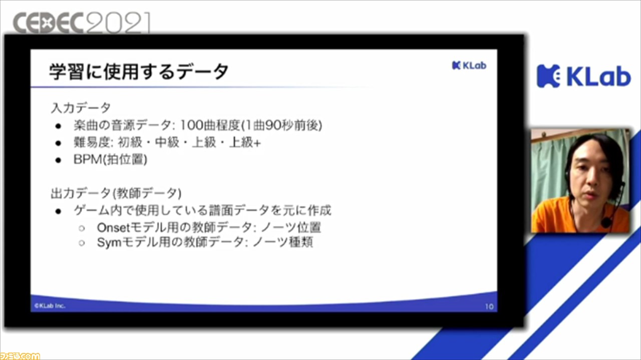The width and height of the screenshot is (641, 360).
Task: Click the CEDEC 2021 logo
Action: click(82, 23)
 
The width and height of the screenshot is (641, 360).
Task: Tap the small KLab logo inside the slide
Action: click(469, 66)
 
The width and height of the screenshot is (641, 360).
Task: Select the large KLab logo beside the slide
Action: click(584, 76)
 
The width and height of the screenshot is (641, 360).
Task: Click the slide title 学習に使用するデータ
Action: click(139, 72)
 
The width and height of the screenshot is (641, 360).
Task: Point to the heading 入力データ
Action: click(81, 108)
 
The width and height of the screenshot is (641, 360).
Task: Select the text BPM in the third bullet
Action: click(88, 159)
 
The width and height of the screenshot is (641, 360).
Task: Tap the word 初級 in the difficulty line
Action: click(130, 142)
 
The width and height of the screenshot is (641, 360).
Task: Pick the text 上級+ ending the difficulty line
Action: click(245, 142)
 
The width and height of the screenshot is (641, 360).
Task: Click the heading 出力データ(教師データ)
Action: click(116, 193)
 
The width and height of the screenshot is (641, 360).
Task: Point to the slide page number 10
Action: click(489, 307)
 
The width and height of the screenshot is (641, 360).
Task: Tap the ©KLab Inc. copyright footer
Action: click(50, 305)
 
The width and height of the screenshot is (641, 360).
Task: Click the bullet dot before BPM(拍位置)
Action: click(59, 160)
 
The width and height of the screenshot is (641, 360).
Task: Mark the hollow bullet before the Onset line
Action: click(82, 228)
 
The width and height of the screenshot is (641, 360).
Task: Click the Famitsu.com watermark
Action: click(20, 356)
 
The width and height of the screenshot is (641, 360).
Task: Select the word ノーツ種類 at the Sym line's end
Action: click(283, 242)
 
